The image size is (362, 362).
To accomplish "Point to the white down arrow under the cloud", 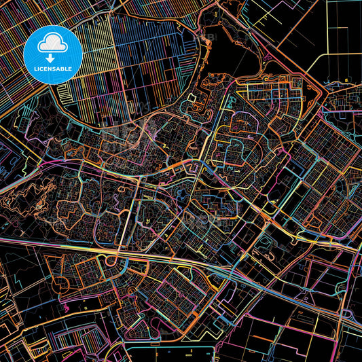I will tap(52, 50).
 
